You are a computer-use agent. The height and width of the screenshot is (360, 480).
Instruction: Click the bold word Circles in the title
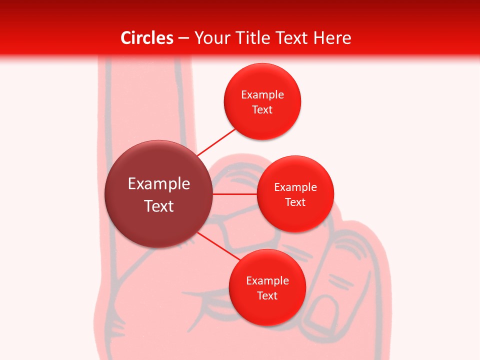pyautogui.click(x=147, y=38)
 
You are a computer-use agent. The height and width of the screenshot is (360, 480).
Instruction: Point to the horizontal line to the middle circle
pyautogui.click(x=234, y=194)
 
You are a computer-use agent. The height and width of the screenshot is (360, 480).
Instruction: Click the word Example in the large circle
pyautogui.click(x=159, y=184)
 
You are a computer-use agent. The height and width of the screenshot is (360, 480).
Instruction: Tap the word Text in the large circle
pyautogui.click(x=159, y=206)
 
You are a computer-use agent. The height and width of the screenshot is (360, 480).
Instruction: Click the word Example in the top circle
pyautogui.click(x=262, y=94)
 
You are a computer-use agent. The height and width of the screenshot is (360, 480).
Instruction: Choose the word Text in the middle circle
pyautogui.click(x=295, y=202)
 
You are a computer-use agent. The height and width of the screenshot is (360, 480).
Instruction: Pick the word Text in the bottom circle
pyautogui.click(x=267, y=295)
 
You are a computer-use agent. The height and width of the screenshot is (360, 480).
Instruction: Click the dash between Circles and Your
pyautogui.click(x=183, y=38)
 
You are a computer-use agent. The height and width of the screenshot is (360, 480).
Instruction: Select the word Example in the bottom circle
pyautogui.click(x=267, y=280)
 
